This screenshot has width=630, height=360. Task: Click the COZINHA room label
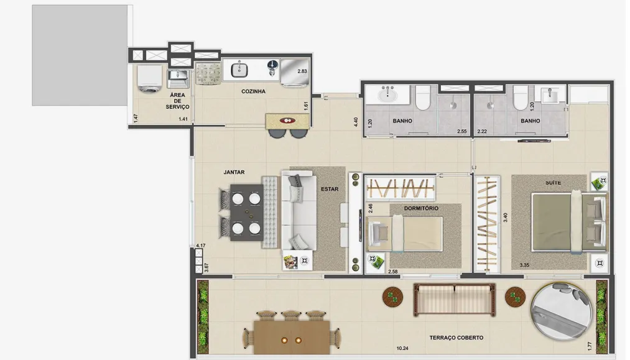pyautogui.click(x=253, y=91)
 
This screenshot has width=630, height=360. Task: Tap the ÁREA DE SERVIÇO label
pyautogui.click(x=177, y=101)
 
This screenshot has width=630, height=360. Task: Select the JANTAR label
pyautogui.click(x=234, y=172)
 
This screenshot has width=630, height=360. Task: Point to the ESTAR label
pyautogui.click(x=330, y=189)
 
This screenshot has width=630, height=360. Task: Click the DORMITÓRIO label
pyautogui.click(x=421, y=208)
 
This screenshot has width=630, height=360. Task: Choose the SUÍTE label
pyautogui.click(x=553, y=183)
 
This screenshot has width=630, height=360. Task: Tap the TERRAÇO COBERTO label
pyautogui.click(x=456, y=338)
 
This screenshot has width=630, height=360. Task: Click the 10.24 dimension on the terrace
pyautogui.click(x=402, y=349)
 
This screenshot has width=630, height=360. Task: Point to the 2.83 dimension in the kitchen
pyautogui.click(x=302, y=71)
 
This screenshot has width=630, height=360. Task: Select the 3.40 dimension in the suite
pyautogui.click(x=506, y=218)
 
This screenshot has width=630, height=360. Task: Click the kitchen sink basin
pyautogui.click(x=239, y=71)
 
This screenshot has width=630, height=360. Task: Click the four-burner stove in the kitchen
pyautogui.click(x=208, y=74)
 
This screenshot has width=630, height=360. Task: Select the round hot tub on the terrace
pyautogui.click(x=562, y=312)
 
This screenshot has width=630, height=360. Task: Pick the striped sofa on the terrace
pyautogui.click(x=454, y=300)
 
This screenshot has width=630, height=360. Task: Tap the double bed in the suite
pyautogui.click(x=569, y=222)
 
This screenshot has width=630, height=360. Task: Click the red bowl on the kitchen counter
pyautogui.click(x=287, y=120)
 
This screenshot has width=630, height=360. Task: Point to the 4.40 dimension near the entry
pyautogui.click(x=356, y=122)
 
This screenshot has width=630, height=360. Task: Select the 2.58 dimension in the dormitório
pyautogui.click(x=393, y=272)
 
